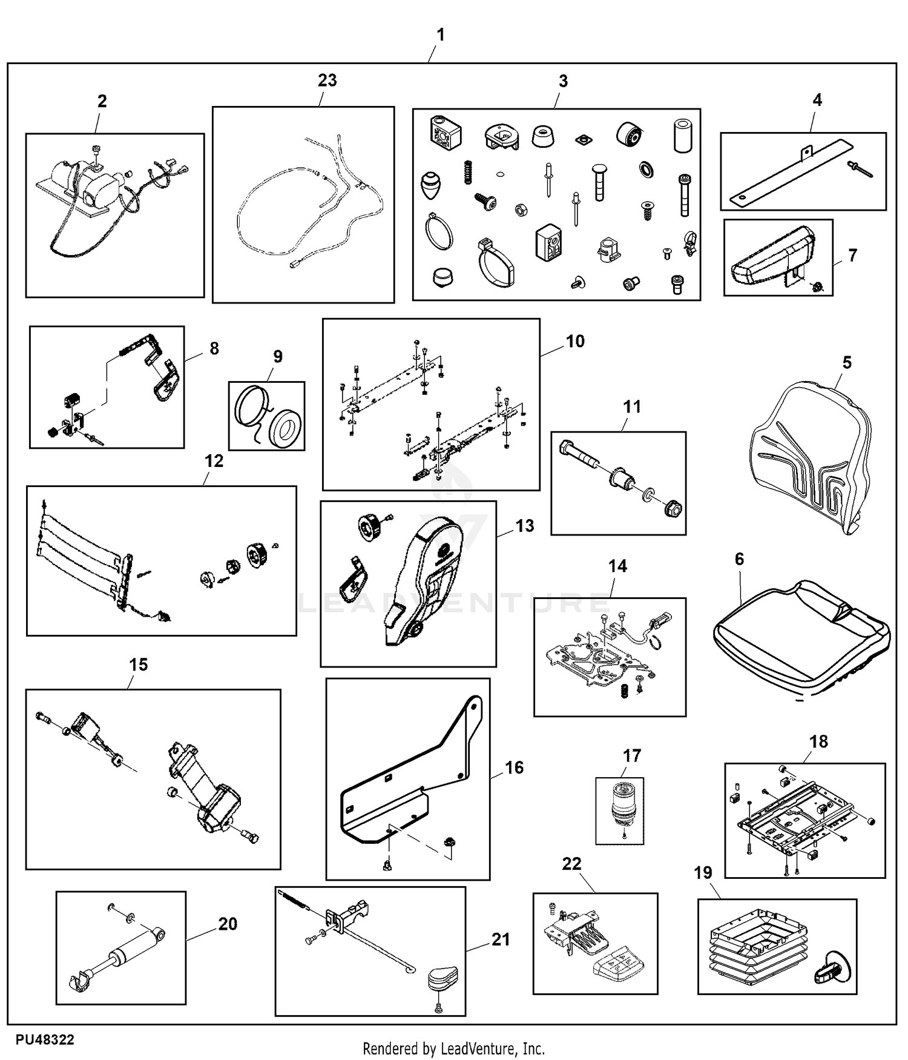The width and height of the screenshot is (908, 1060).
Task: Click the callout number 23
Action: (x=327, y=81)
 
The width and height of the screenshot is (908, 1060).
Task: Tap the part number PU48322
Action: (x=45, y=1040)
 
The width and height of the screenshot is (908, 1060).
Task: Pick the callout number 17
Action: (x=632, y=756)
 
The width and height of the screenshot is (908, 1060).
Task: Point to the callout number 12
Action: (x=214, y=462)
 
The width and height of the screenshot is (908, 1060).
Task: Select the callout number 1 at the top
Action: (x=441, y=35)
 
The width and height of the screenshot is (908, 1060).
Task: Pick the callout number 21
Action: (x=501, y=939)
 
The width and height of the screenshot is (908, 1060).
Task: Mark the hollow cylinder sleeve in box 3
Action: (x=682, y=136)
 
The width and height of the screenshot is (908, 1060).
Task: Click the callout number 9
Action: (x=278, y=356)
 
